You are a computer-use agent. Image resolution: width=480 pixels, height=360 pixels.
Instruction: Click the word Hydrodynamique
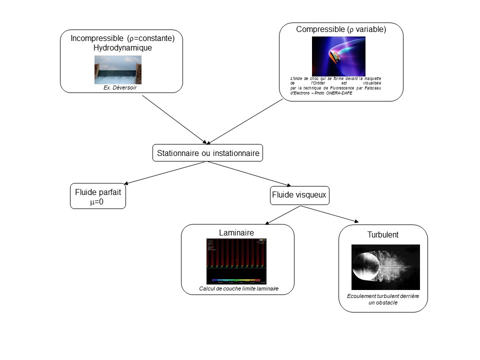click(122, 48)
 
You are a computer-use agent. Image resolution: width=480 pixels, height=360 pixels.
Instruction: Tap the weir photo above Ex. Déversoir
click(118, 69)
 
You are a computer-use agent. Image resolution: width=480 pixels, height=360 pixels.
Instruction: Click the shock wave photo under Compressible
click(338, 56)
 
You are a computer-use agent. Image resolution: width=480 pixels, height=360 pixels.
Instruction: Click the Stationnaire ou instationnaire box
click(207, 153)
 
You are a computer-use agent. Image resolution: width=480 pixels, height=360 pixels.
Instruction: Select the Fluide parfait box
click(98, 196)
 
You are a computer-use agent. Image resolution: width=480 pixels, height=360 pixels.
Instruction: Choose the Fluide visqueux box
click(299, 195)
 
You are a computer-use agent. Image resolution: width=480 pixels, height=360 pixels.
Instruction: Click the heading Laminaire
click(236, 232)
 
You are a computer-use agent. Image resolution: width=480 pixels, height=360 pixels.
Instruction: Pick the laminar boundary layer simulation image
click(236, 261)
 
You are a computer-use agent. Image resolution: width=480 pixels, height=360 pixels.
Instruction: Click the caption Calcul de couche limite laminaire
click(239, 288)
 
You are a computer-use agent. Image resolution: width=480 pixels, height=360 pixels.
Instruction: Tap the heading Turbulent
click(383, 234)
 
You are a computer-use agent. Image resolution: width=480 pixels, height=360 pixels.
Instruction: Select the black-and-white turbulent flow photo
click(385, 267)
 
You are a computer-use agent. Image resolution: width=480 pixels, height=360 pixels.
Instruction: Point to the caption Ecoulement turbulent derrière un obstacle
click(383, 299)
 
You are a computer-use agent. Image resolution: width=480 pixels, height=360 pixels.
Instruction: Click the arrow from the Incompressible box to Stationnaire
click(174, 119)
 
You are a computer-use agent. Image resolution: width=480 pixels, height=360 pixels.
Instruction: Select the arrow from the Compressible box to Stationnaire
click(245, 120)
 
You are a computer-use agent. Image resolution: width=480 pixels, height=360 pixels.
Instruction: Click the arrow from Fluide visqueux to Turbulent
click(330, 214)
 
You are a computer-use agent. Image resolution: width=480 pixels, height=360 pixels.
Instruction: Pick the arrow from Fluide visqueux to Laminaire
click(282, 215)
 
